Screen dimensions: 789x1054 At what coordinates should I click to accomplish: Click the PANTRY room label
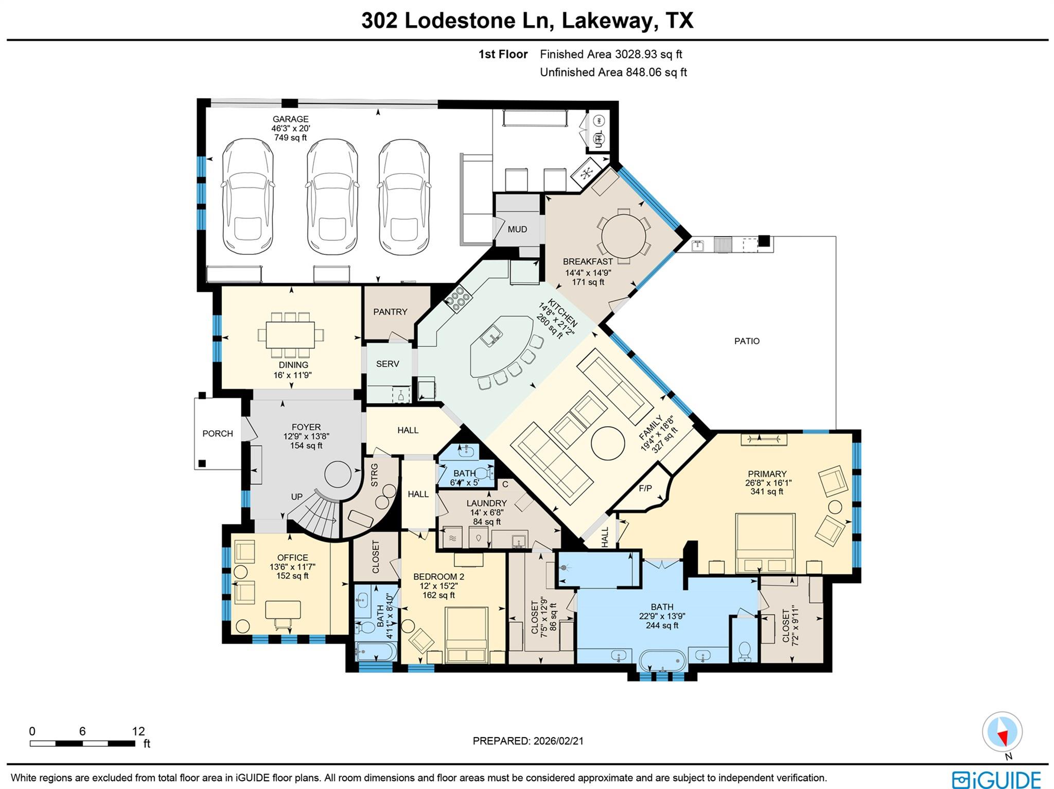[390, 312]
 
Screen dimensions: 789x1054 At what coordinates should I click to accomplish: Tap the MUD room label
[517, 230]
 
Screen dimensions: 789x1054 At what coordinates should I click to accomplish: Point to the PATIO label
[747, 341]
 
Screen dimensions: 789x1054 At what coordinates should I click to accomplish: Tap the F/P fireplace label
[645, 488]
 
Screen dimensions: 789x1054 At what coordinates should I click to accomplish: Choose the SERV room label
[388, 364]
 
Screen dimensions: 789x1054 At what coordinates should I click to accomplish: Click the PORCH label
[218, 434]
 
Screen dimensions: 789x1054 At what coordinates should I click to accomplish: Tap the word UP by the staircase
[297, 497]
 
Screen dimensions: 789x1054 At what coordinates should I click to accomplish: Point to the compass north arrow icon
[1002, 732]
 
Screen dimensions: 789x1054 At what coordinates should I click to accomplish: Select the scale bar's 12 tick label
[138, 731]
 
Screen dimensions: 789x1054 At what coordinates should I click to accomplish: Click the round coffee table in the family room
[608, 443]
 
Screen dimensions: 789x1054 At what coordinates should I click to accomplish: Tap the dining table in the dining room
[290, 335]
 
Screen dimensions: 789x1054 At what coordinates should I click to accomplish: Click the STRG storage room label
[374, 475]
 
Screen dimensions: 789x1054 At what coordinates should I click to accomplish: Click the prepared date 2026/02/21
[558, 741]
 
